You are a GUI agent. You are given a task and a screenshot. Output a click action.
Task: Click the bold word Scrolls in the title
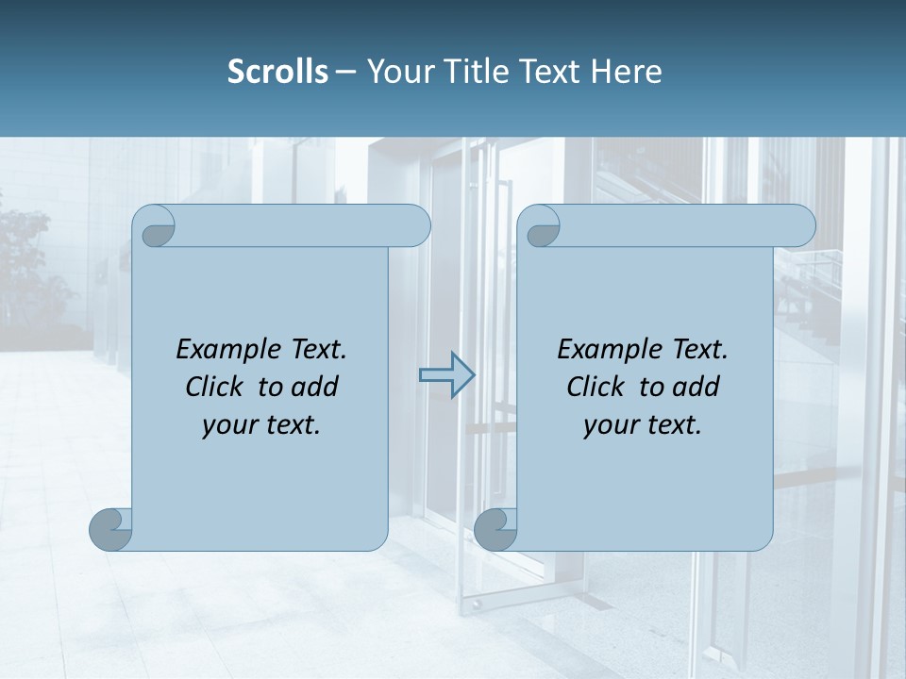pyautogui.click(x=277, y=72)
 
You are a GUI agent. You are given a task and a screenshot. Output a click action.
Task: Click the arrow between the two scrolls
pyautogui.click(x=446, y=375)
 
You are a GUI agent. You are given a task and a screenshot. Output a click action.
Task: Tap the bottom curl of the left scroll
pyautogui.click(x=111, y=529)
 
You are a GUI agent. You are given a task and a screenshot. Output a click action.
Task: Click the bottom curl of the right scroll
pyautogui.click(x=495, y=529)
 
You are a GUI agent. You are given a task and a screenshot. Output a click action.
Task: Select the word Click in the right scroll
pyautogui.click(x=596, y=387)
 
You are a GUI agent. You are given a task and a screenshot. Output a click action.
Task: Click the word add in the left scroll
pyautogui.click(x=314, y=387)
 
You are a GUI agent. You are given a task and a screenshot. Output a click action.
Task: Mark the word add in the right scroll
pyautogui.click(x=696, y=387)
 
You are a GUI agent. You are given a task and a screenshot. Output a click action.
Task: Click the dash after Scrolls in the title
pyautogui.click(x=345, y=72)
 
